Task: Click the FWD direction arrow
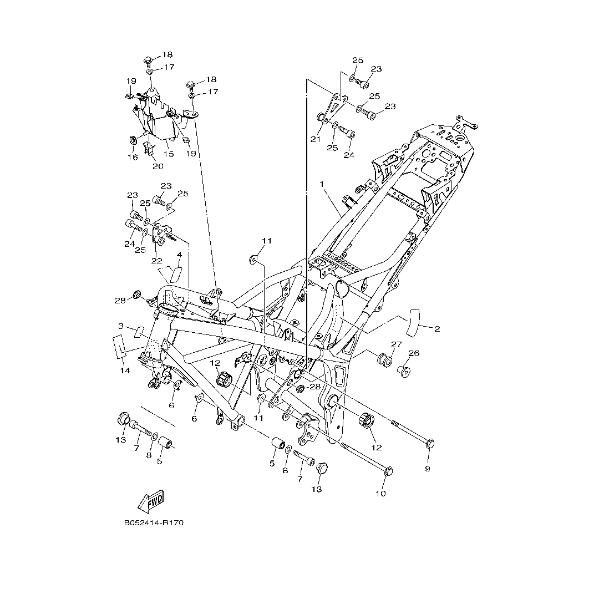click(151, 501)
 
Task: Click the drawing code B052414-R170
click(154, 522)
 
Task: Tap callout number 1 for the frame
click(321, 184)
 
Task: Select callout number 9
click(428, 469)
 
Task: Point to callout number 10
click(381, 493)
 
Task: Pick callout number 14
click(125, 370)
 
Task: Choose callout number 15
click(169, 154)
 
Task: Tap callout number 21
click(316, 139)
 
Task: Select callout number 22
click(157, 261)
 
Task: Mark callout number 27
click(397, 344)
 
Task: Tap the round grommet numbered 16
click(134, 140)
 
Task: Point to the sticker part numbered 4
click(173, 273)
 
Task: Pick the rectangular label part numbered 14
click(119, 346)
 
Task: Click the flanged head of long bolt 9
click(430, 443)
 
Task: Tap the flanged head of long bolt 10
click(388, 471)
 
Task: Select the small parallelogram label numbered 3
click(139, 332)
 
